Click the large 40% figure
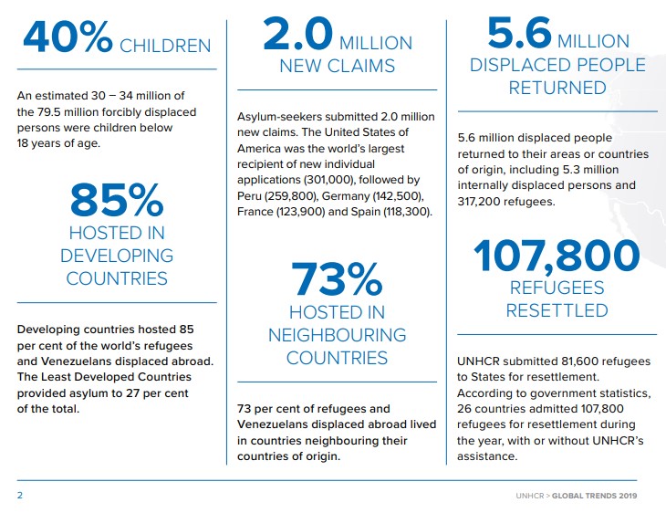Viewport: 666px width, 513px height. [68, 37]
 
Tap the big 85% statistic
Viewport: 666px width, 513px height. [117, 200]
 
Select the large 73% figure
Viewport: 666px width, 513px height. [337, 278]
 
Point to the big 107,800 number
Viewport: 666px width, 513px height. [557, 256]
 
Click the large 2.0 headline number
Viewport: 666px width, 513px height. [297, 33]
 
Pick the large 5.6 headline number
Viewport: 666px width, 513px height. [519, 32]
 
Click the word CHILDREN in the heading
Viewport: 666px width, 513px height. [165, 46]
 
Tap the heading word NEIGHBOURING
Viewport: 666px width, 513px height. [338, 335]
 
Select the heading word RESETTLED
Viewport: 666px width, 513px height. [557, 310]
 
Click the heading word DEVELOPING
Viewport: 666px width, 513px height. [117, 256]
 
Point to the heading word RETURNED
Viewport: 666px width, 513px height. [557, 88]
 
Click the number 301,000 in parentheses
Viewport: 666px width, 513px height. [329, 180]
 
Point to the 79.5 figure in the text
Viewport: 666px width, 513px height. [47, 112]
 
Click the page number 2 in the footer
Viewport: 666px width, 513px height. [20, 495]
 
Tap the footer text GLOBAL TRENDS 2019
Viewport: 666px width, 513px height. [594, 496]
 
